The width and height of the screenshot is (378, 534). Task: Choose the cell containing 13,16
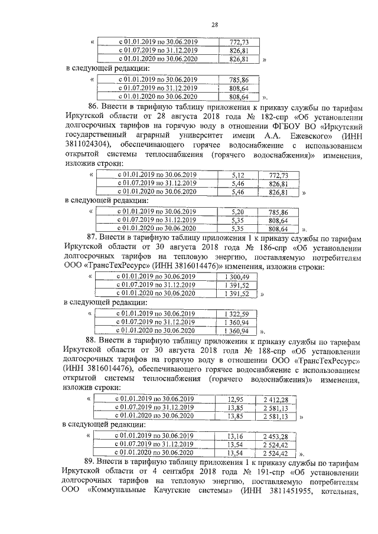coord(235,436)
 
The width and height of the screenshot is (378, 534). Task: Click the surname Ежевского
coord(267,134)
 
